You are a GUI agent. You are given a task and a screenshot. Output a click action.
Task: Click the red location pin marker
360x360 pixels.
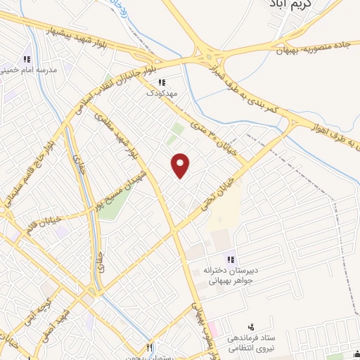(x=181, y=165)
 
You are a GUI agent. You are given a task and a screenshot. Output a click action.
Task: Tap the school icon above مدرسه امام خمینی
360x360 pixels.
(x=27, y=59)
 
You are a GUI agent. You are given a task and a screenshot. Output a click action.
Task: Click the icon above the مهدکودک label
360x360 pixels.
(x=162, y=82)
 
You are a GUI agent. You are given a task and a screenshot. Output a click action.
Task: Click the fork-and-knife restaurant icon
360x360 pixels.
(x=149, y=347)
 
